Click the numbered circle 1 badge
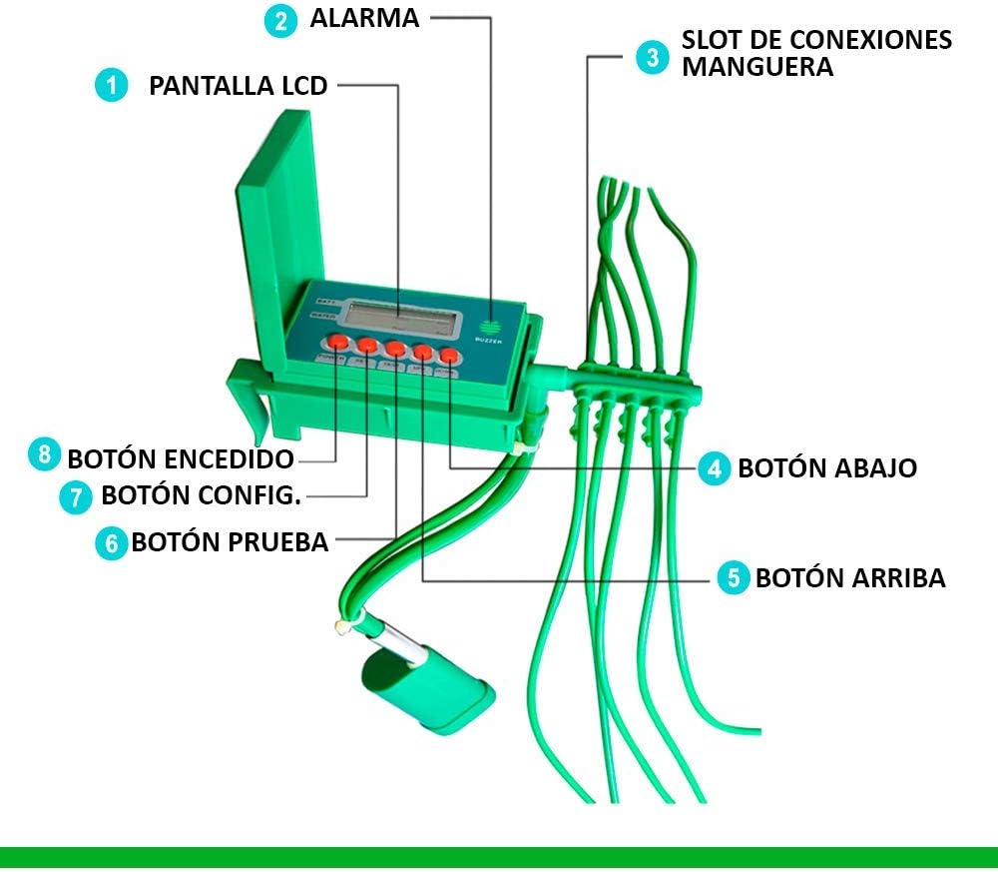112,86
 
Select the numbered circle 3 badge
653,55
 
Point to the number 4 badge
714,467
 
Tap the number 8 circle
44,456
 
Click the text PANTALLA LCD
238,86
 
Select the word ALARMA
364,19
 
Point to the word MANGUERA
757,68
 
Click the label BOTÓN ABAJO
827,467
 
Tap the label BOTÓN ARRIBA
850,577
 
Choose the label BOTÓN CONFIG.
203,495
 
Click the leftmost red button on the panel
338,344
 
